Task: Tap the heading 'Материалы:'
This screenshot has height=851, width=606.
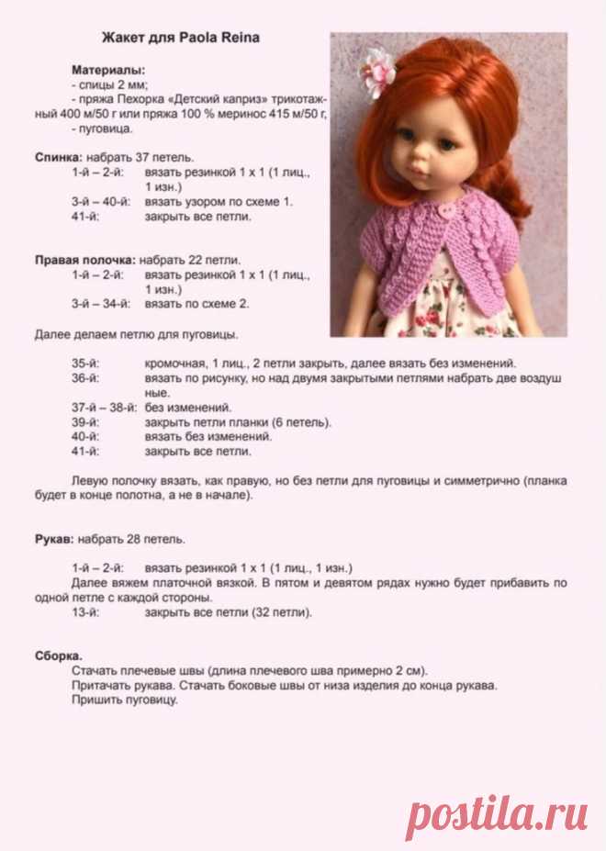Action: [x=108, y=70]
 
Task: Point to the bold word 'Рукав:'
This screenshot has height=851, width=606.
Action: [x=54, y=538]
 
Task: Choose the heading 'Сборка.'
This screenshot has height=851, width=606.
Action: [x=58, y=655]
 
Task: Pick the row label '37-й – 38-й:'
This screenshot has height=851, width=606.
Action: [x=103, y=408]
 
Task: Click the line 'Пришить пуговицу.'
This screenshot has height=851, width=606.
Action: [x=123, y=700]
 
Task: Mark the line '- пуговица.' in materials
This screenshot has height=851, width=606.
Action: [x=101, y=129]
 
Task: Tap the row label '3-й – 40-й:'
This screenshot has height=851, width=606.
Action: [x=101, y=202]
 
